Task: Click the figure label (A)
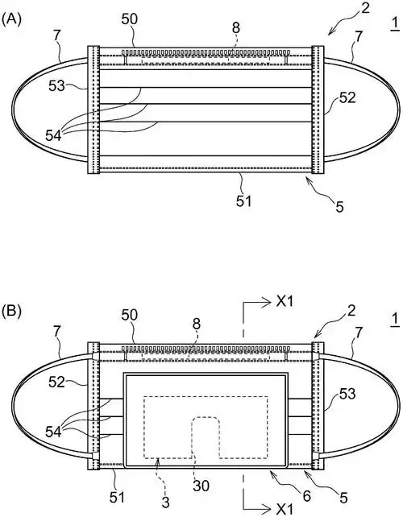(x=11, y=19)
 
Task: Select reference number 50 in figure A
(x=129, y=19)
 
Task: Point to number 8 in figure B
(x=197, y=324)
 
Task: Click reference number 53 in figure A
(x=57, y=86)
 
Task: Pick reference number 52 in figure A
(x=347, y=98)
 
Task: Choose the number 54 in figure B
(x=53, y=432)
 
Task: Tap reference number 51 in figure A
(x=244, y=201)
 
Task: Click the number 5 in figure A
(x=339, y=207)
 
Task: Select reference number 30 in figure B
(x=201, y=486)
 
